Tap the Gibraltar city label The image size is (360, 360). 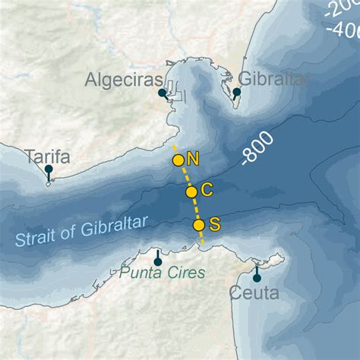[274, 79]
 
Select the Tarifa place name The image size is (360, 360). [47, 157]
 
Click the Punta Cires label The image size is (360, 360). [163, 272]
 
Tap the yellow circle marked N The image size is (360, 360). [178, 159]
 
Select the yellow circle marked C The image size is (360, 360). [191, 192]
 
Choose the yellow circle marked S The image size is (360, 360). [199, 225]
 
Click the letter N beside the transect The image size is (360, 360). [192, 159]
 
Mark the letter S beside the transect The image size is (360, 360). [214, 224]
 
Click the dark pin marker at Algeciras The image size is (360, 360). [162, 94]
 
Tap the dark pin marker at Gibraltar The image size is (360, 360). [236, 93]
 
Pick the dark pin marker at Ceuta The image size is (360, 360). [257, 273]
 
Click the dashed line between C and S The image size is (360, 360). [195, 209]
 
